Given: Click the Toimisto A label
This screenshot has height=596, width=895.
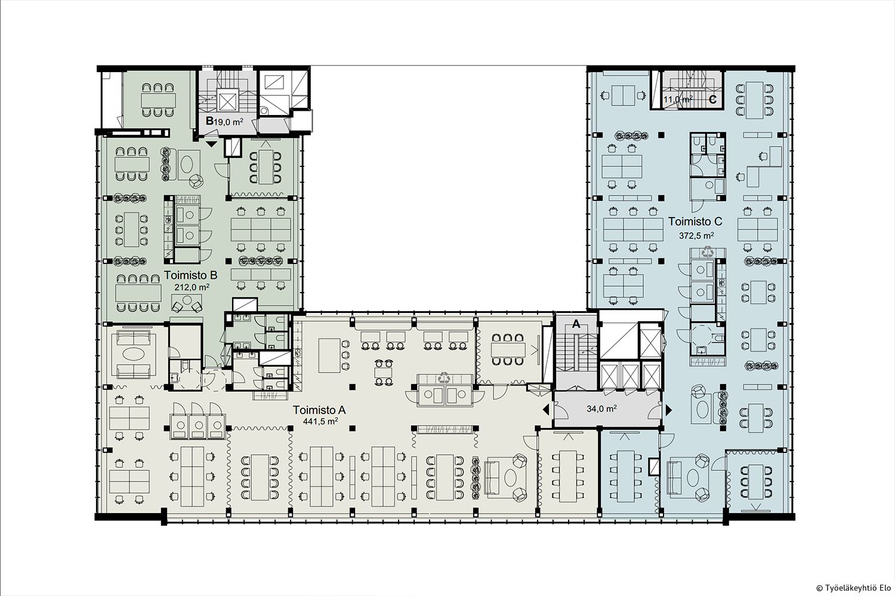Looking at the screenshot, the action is [319, 410].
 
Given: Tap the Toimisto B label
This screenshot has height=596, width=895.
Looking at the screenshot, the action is [190, 275].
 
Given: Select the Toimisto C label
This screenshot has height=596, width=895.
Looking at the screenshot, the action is [695, 221].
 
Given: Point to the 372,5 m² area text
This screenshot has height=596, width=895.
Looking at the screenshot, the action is [696, 235].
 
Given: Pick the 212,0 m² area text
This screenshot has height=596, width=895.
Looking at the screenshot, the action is [192, 287].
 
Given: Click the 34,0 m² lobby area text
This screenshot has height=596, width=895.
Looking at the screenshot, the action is [601, 408].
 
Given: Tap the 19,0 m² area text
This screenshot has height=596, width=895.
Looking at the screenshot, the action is [229, 122].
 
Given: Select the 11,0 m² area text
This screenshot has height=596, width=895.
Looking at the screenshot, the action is [678, 99].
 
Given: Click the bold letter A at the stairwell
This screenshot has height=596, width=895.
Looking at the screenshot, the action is [576, 324].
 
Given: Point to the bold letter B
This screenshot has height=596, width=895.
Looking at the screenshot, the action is [209, 120].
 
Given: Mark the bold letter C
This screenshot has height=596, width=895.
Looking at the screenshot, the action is [712, 100].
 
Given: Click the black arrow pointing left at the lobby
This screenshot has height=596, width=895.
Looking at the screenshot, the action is [546, 409].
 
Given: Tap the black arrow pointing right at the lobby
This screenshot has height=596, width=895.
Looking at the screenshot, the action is [668, 409].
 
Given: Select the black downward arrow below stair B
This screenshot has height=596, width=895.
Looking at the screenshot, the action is [211, 144].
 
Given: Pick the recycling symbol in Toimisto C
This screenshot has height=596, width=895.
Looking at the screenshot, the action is [708, 251].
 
